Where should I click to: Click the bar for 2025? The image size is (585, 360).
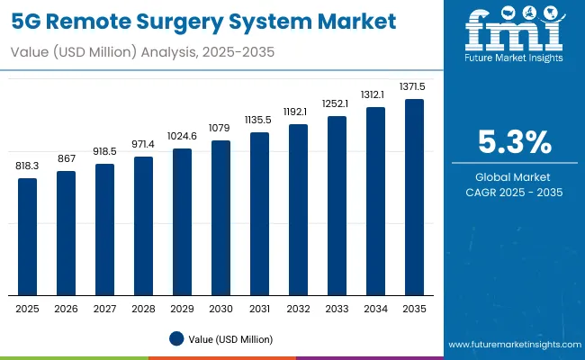[x=28, y=236]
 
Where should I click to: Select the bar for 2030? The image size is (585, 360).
[x=220, y=217]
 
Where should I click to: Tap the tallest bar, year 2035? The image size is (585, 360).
[x=414, y=196]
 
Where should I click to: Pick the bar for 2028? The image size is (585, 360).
[x=143, y=225]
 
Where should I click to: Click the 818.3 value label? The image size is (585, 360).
[x=28, y=167]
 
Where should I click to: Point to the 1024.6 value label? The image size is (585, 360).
[x=182, y=138]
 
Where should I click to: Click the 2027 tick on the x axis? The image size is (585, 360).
[x=104, y=309]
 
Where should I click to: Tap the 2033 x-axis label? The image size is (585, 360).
[x=337, y=309]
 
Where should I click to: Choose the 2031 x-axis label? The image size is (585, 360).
[x=259, y=309]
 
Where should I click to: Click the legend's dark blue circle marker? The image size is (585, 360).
[x=176, y=338]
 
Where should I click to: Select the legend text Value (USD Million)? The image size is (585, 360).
[x=230, y=339]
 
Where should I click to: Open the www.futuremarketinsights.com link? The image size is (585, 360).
[x=510, y=345]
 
